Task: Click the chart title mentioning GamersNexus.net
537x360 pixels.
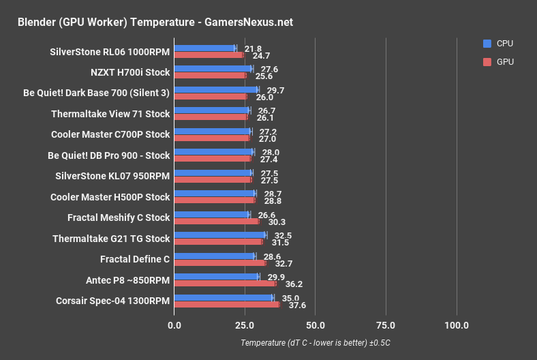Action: [x=155, y=22]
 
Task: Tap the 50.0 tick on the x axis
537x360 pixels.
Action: [x=315, y=325]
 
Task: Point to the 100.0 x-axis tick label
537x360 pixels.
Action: [x=457, y=325]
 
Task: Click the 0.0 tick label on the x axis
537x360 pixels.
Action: [x=174, y=325]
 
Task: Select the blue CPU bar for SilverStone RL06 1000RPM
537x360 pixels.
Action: [x=204, y=48]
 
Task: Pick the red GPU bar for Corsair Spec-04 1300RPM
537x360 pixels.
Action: [x=227, y=304]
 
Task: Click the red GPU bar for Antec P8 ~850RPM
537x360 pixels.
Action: [x=225, y=283]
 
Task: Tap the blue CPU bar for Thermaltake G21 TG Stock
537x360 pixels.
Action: [x=220, y=235]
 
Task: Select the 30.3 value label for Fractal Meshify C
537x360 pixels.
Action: [x=277, y=221]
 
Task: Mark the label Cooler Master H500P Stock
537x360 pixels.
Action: [x=110, y=196]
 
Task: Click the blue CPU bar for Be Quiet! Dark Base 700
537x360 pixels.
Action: [x=216, y=89]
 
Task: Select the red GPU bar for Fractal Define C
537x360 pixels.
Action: [x=220, y=262]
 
